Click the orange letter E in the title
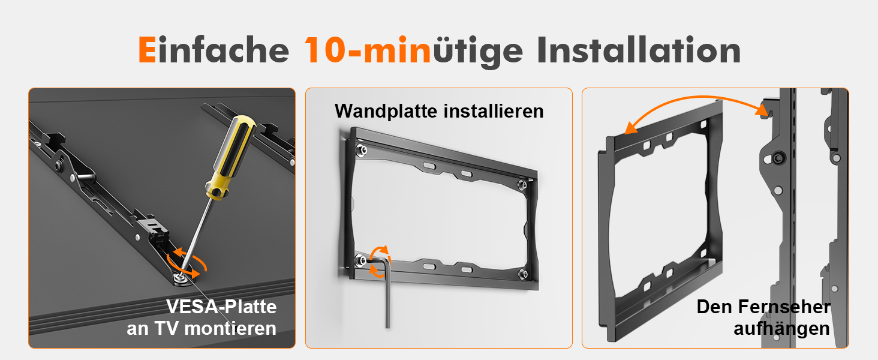pos(147,50)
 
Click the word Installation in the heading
pos(639,50)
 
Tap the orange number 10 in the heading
pos(324,50)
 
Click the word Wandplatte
pos(386,112)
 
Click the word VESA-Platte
pos(221,306)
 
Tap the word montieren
pos(230,328)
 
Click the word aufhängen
pos(781,329)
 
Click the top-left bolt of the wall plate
pos(360,150)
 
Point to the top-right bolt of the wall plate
pos(522,185)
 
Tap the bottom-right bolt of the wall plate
pos(522,274)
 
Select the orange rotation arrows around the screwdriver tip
pos(187,262)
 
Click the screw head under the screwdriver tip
pos(181,277)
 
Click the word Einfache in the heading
pos(214,50)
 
